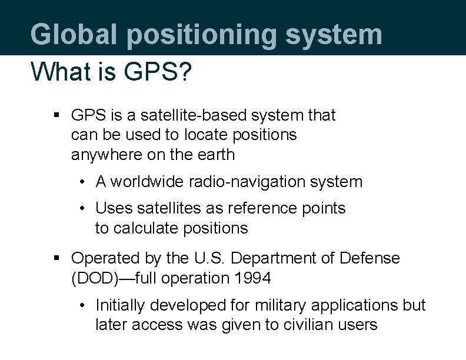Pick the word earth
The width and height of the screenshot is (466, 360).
pos(217,155)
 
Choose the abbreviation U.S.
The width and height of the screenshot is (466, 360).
pos(205,258)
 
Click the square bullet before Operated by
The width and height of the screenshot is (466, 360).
pos(57,258)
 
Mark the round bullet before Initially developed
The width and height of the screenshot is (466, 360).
pos(84,306)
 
